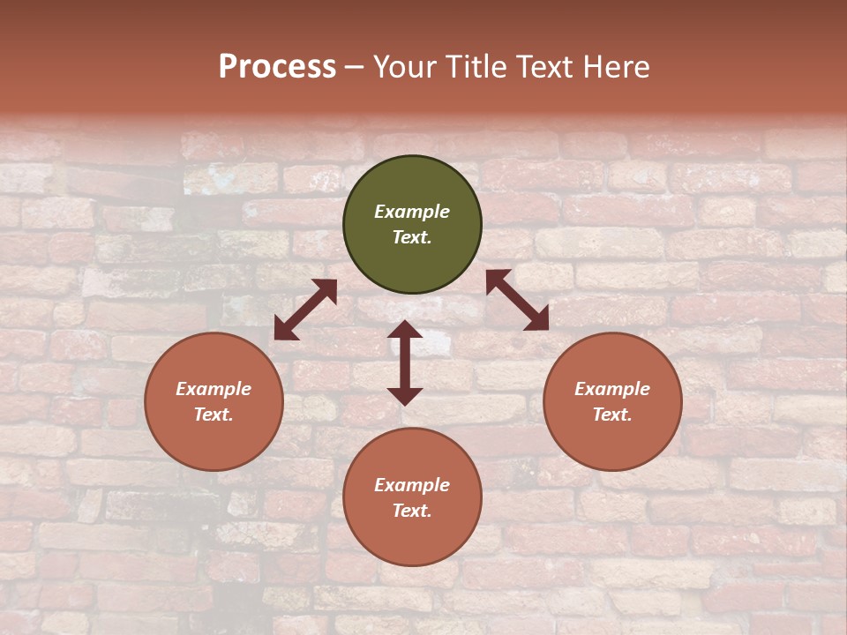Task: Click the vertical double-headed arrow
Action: click(405, 362)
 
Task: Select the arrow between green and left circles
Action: click(305, 309)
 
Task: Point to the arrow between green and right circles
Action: click(517, 300)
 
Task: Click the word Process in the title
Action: click(277, 67)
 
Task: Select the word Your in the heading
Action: click(403, 67)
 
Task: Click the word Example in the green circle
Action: click(412, 212)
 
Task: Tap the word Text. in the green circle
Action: click(412, 237)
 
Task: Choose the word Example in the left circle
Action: click(214, 389)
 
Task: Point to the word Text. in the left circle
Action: click(214, 415)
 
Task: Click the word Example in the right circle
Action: click(612, 389)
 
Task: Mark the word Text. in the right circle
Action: click(612, 415)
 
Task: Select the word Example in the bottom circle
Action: click(412, 485)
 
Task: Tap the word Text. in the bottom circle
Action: click(412, 511)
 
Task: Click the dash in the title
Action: click(355, 68)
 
